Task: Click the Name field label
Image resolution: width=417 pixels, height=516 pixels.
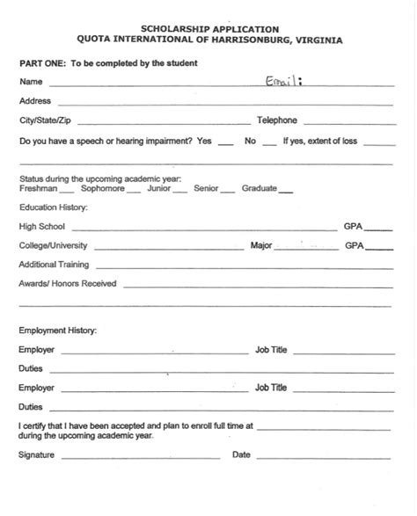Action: coord(30,82)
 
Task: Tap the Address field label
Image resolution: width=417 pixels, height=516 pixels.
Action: coord(35,101)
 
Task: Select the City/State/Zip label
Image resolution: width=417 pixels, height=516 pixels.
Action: coord(44,120)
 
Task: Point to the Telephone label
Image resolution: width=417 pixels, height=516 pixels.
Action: coord(277,120)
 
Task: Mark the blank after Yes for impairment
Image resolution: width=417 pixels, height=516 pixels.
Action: coord(225,142)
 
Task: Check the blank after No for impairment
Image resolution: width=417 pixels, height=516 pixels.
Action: coord(269,142)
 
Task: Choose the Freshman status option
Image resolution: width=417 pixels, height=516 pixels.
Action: coord(38,188)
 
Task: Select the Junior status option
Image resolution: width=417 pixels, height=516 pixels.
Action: coord(159,188)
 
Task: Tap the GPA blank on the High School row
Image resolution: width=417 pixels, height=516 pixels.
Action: coord(379,228)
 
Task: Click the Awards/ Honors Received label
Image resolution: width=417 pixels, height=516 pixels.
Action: coord(68,284)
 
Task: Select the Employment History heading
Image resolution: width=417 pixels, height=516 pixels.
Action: coord(58,331)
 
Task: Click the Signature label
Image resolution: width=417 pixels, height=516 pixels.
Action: coord(37,455)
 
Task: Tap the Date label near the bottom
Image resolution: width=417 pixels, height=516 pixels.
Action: coord(241,455)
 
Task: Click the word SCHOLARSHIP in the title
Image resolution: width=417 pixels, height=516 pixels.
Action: coord(165,29)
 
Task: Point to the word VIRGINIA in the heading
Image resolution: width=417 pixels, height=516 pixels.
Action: coord(312,40)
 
